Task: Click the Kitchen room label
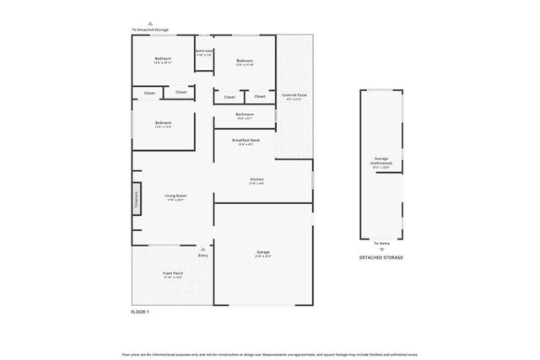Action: coord(256,180)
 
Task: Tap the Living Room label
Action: coord(175,196)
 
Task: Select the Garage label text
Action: coord(263,253)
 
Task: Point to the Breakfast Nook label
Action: coord(246,141)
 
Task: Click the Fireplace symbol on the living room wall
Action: coord(136,201)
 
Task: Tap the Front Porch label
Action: coord(173,274)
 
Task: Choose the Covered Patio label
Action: coord(294,96)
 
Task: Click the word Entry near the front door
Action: coord(202,255)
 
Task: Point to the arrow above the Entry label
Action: coord(202,249)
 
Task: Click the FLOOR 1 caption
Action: coord(140,312)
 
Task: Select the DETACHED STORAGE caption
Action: coord(381,257)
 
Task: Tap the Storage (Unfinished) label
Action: coord(381,161)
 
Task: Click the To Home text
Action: coord(381,243)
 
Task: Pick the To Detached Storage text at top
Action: coord(150,30)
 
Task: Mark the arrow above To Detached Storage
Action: coord(150,24)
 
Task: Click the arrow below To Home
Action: coord(381,250)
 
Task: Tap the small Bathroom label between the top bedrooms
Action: coord(203,52)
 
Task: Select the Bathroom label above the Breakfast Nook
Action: coord(245,115)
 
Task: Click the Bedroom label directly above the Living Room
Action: coord(163,124)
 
